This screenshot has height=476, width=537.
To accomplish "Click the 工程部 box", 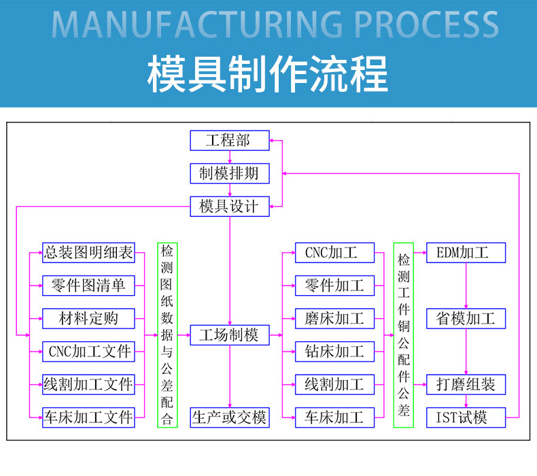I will pyautogui.click(x=229, y=141).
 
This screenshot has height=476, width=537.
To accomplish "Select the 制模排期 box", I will pyautogui.click(x=229, y=173).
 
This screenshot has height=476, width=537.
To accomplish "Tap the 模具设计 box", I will pyautogui.click(x=229, y=206).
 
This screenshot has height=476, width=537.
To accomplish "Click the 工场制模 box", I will pyautogui.click(x=229, y=335).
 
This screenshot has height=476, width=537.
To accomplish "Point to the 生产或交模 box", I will pyautogui.click(x=229, y=417).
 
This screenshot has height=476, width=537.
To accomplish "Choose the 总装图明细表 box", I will pyautogui.click(x=88, y=253).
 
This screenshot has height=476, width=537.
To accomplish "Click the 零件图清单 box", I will pyautogui.click(x=88, y=286).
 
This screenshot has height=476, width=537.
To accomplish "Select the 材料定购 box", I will pyautogui.click(x=88, y=318).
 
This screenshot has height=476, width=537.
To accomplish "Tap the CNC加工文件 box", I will pyautogui.click(x=88, y=352).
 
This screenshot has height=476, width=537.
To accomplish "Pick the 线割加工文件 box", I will pyautogui.click(x=88, y=384).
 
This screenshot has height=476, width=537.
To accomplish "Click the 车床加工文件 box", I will pyautogui.click(x=88, y=417).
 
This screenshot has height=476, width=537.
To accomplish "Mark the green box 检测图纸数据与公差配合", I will pyautogui.click(x=167, y=335).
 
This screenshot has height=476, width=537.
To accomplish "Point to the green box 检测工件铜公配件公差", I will pyautogui.click(x=404, y=335).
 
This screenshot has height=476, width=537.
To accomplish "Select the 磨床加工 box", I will pyautogui.click(x=334, y=318).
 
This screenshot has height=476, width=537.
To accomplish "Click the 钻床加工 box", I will pyautogui.click(x=334, y=352).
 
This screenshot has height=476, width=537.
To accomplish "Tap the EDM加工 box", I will pyautogui.click(x=466, y=253).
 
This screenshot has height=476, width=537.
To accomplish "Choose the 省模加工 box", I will pyautogui.click(x=466, y=318).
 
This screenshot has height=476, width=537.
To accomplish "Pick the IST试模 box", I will pyautogui.click(x=466, y=417).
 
